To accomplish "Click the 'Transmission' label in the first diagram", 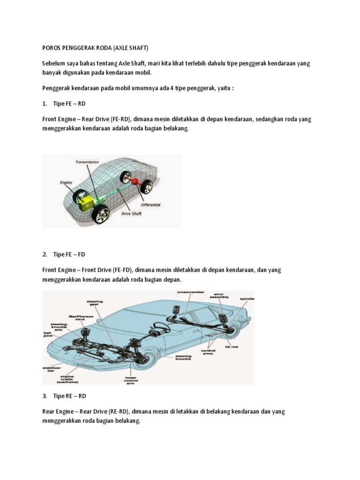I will (87, 162).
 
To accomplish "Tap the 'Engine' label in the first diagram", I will (66, 179).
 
